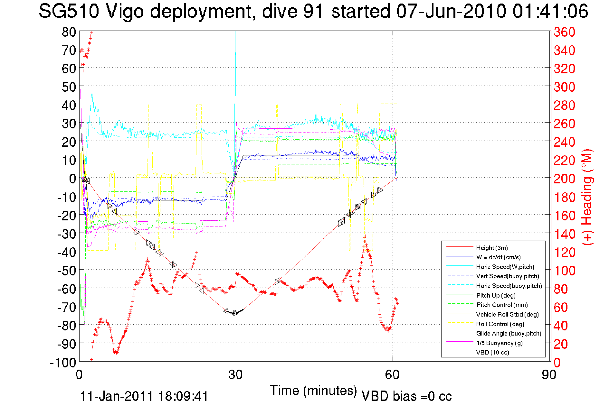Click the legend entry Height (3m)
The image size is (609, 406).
point(492,248)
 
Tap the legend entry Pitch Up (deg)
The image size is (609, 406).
point(496,295)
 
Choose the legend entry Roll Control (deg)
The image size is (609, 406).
point(500,324)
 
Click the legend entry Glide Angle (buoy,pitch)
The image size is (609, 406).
point(509,334)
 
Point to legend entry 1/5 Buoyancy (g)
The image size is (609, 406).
point(500,343)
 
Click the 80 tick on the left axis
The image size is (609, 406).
point(69,32)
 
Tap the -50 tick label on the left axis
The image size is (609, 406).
point(67,271)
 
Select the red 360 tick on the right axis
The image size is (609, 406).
point(564,32)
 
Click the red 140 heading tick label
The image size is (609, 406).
point(564,234)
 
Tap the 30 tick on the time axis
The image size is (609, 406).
point(235,374)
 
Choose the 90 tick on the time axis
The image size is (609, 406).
point(549,374)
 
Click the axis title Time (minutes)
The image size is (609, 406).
point(313,391)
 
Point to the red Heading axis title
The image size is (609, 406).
point(587,197)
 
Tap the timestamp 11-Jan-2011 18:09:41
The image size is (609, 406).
point(144,396)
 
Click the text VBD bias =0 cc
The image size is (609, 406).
point(406,396)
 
